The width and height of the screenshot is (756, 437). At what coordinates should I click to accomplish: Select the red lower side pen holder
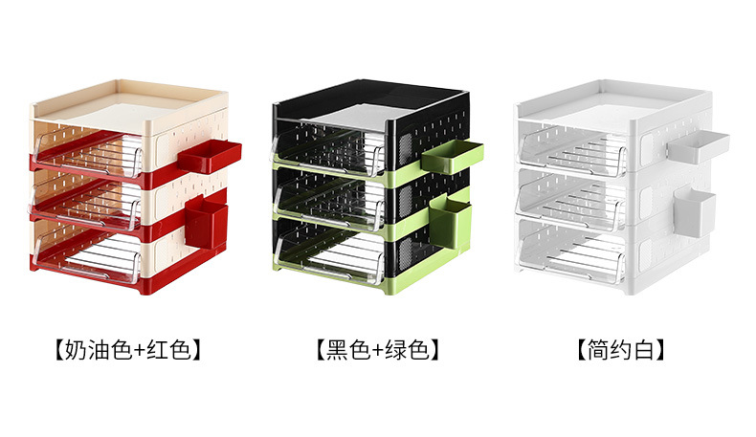[208, 219]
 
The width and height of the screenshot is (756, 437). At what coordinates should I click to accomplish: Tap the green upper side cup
[451, 156]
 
